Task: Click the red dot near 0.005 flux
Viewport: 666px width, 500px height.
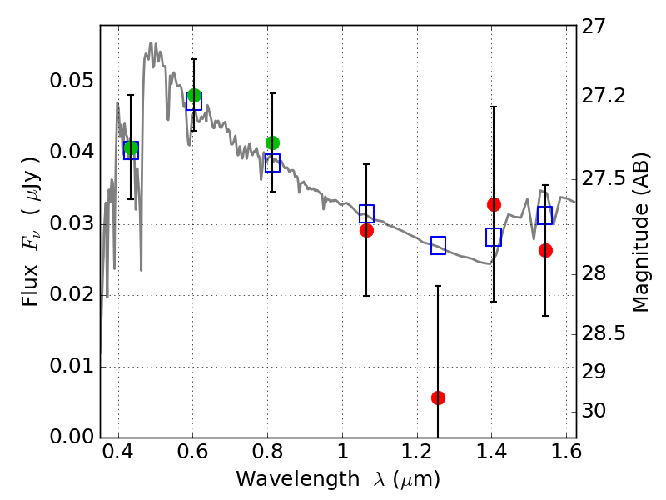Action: [438, 398]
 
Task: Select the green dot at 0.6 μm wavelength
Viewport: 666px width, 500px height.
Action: [194, 95]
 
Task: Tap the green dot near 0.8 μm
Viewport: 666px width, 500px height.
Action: [273, 142]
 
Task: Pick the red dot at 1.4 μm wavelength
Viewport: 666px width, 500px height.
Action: [494, 204]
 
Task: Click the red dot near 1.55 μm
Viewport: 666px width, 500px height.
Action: [545, 251]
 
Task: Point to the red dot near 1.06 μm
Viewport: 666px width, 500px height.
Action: [366, 231]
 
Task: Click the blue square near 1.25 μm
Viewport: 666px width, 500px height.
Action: [438, 245]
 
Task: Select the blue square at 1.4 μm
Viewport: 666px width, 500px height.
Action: [494, 237]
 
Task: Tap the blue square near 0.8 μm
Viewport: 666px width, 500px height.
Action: [273, 162]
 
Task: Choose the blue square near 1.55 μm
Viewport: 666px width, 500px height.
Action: [545, 215]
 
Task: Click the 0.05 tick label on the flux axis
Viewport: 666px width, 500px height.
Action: [72, 81]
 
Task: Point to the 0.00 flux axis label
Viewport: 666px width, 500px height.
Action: [72, 436]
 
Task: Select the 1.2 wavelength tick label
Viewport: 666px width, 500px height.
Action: [417, 452]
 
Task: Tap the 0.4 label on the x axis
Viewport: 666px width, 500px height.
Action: [118, 452]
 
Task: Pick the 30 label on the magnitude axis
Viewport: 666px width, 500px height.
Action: [593, 411]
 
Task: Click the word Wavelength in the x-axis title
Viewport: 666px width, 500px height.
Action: [298, 479]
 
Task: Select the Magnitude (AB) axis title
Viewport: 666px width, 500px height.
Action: [640, 232]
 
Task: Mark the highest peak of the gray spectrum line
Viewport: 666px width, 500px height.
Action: [151, 43]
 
